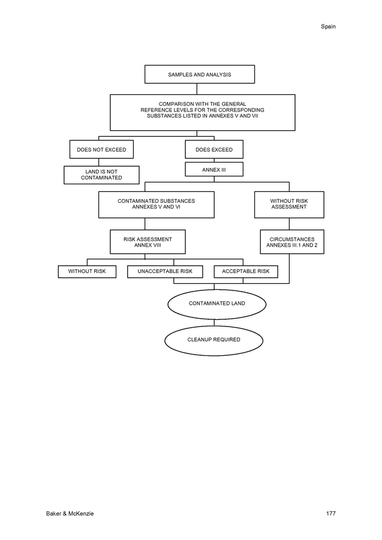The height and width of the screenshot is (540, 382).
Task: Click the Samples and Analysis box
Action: point(200,74)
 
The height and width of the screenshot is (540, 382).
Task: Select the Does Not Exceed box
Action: point(101,149)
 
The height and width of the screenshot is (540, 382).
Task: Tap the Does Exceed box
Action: point(214,149)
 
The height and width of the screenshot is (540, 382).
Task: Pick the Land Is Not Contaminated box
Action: point(101,175)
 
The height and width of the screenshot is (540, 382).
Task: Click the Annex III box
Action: point(214,169)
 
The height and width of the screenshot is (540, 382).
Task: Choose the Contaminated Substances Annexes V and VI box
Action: point(157,205)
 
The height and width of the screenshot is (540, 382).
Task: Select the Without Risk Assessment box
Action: point(289,205)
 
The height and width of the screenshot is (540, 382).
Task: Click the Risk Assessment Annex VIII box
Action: point(148,242)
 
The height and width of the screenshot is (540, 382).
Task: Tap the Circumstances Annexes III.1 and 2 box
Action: point(292,242)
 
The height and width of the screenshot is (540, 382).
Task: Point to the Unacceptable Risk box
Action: point(165,271)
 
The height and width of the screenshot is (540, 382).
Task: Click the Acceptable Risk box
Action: point(246,271)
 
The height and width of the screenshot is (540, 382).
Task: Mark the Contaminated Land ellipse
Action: point(217,304)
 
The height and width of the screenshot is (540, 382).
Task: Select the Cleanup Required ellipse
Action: point(213,340)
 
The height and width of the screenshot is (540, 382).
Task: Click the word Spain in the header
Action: point(328,26)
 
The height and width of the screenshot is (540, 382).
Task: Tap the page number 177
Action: point(330,514)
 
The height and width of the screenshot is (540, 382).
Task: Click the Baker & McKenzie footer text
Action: point(70,514)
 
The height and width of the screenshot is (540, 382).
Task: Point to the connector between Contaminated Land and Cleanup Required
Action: point(214,323)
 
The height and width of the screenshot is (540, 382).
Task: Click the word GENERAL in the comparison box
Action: point(234,104)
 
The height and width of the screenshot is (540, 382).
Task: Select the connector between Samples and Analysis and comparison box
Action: point(197,89)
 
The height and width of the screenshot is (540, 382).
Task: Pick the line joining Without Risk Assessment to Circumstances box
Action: point(289,224)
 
